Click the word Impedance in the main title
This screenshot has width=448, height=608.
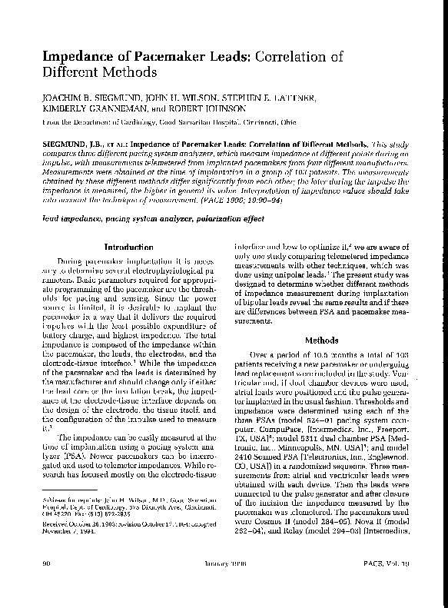point(69,56)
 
